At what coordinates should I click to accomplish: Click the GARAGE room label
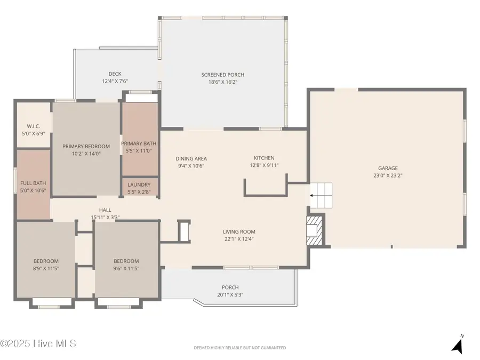388,168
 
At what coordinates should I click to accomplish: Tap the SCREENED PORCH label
222,75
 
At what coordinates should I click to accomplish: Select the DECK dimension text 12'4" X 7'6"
115,81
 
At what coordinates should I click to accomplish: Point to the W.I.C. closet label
34,126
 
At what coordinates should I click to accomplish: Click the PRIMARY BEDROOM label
86,146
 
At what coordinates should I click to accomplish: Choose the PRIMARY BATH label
139,143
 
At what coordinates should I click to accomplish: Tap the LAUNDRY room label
139,185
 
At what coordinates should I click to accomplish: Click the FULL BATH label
33,183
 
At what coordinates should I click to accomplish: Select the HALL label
105,210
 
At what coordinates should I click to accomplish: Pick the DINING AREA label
191,158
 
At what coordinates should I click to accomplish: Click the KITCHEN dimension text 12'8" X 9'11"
264,165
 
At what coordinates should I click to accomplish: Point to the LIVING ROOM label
239,232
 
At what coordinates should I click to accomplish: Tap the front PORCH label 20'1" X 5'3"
230,291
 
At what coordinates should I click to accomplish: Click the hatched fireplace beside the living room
315,230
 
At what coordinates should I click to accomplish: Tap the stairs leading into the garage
321,195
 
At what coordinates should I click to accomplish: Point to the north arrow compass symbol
458,344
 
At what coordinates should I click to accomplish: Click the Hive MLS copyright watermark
38,343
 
